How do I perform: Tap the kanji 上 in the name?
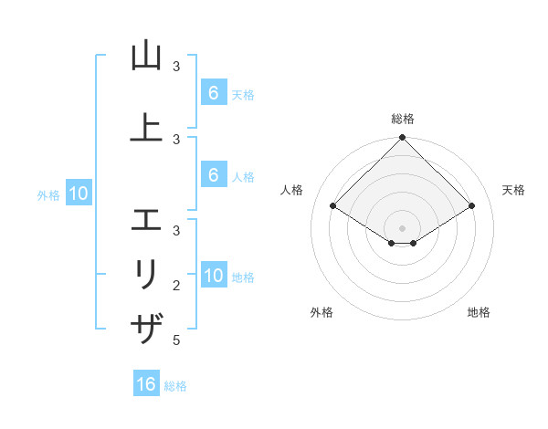coord(146,128)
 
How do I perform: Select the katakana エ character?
coord(146,220)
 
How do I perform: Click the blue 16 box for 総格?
coord(146,384)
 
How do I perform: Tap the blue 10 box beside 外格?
coord(78,194)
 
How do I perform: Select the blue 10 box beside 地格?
coord(213,276)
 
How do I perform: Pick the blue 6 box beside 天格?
coord(213,92)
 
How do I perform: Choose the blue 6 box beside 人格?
coord(213,175)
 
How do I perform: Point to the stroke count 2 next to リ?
coord(175,286)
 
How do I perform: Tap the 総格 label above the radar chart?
coord(403,119)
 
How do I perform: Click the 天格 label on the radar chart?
coord(513,190)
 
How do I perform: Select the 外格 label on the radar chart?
coord(321,312)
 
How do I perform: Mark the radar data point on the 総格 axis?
coord(403,138)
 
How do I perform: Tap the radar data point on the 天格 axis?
coord(472,205)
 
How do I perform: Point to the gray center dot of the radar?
coord(403,227)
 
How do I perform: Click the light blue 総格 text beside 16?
coord(175,386)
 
